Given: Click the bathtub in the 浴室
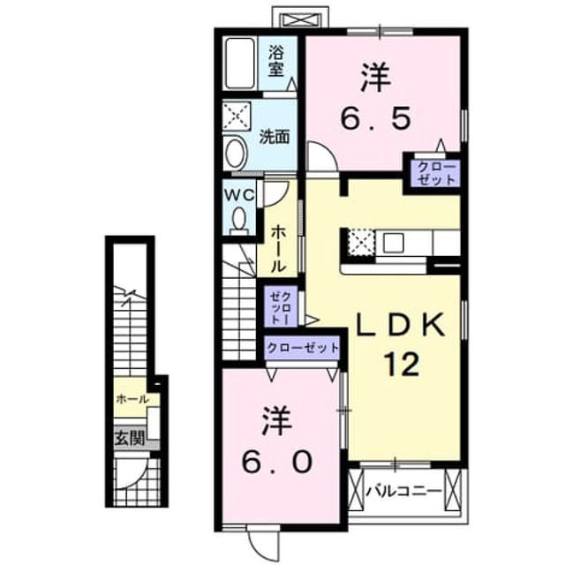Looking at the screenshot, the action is tap(240, 64).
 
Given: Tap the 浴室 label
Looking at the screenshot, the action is tap(276, 63).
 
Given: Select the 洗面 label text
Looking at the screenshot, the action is tap(275, 137).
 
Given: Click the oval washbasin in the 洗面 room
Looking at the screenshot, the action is tap(236, 153).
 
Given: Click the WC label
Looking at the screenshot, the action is tap(239, 195).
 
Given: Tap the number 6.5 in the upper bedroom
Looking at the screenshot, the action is tap(376, 118).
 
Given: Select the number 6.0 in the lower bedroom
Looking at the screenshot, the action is tap(276, 462).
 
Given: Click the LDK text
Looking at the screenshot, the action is tap(400, 325).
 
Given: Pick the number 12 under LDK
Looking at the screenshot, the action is tap(402, 364).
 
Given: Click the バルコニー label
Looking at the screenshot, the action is tap(403, 491).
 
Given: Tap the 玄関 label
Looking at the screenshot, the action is tap(130, 438).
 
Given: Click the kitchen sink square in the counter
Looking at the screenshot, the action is tap(393, 243).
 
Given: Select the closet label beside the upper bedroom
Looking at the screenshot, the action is tap(436, 173).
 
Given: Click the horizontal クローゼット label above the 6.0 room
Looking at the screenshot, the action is tap(303, 348).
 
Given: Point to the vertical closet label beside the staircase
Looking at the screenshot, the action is tap(281, 306).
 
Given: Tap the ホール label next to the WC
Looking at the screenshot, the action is tap(278, 248).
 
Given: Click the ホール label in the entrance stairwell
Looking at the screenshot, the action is tap(132, 399).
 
